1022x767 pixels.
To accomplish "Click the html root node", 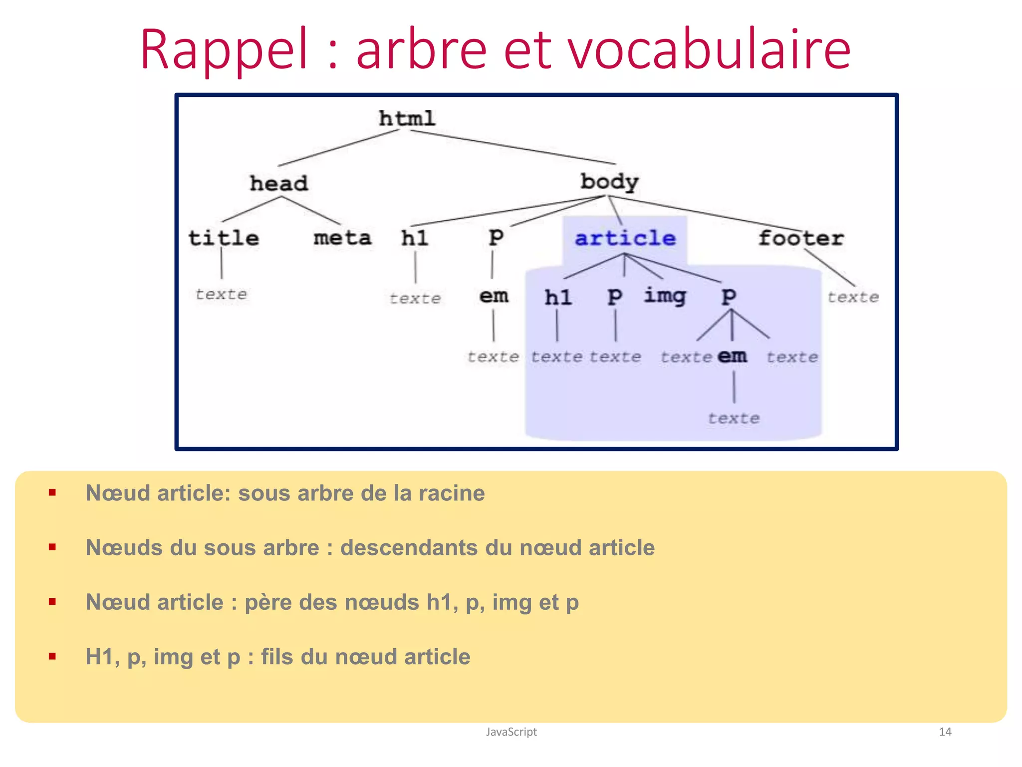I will pos(407,119).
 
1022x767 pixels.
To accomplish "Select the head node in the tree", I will pos(278,183).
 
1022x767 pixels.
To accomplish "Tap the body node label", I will pos(609,182).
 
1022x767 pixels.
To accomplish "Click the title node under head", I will pos(224,238).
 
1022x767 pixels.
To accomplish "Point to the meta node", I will pos(342,238).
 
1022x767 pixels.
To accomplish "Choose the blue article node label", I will pos(625,238).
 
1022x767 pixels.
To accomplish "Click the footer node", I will pos(801,238).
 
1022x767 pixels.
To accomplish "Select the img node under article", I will pos(665,296).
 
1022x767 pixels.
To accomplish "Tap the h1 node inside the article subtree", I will pos(557,298).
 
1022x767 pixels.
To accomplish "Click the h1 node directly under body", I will pos(415,238).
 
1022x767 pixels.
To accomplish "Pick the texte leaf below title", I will pos(221,294).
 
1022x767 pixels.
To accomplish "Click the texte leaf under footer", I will pos(853,297).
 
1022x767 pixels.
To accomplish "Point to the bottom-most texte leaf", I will pos(734,418).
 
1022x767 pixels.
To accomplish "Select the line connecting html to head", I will pos(338,148).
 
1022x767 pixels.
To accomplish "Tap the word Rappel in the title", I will pos(224,50).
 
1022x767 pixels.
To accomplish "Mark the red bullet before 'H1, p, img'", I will pos(52,656).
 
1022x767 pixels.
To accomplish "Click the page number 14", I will pos(945,732).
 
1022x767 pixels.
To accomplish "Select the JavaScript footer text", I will pos(511,732).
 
